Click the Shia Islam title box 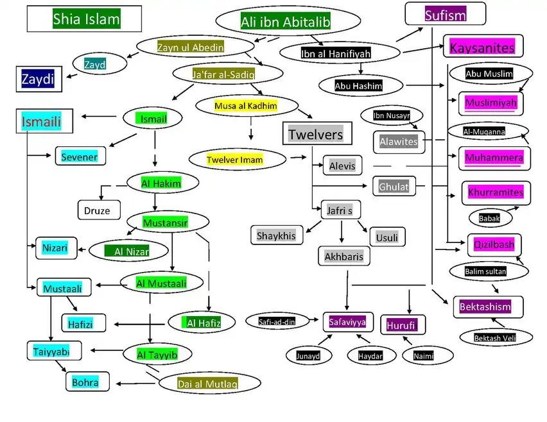coord(83,19)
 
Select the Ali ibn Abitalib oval coord(285,22)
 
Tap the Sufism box coord(445,14)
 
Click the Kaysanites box coord(483,47)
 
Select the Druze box coord(98,210)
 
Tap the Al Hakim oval coord(161,183)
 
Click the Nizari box coord(55,247)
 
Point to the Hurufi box coord(402,325)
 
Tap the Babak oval coord(489,218)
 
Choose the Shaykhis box coord(276,235)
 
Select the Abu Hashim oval coord(358,85)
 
